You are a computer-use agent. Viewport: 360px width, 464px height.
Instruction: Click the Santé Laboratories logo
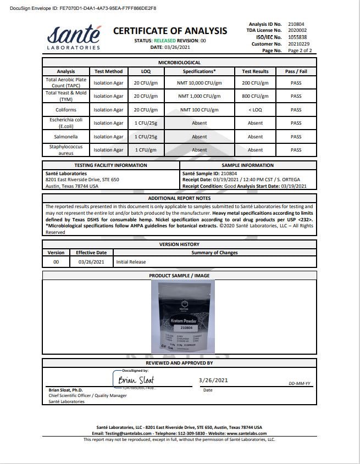[x=74, y=37]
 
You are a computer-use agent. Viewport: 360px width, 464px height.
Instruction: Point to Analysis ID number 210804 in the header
[x=296, y=24]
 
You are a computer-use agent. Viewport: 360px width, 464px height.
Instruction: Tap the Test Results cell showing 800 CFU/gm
[x=255, y=96]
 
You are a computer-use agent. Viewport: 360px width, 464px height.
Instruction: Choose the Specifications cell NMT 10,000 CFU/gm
[x=200, y=82]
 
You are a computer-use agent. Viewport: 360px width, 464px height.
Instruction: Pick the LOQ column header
[x=141, y=71]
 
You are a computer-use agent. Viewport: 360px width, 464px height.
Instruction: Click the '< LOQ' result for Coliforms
[x=255, y=109]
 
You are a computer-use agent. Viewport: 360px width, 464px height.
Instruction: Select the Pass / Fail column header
[x=296, y=71]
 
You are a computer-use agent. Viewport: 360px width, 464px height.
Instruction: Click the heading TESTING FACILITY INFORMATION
[x=110, y=165]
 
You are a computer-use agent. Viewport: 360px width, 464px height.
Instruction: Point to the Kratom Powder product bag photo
[x=182, y=316]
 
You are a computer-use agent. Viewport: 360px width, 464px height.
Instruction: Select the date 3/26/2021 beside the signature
[x=213, y=380]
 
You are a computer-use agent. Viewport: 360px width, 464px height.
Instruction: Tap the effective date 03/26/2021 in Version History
[x=91, y=262]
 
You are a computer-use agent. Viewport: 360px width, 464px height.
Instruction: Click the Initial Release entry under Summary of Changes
[x=131, y=262]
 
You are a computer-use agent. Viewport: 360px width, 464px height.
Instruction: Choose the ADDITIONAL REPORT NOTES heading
[x=179, y=198]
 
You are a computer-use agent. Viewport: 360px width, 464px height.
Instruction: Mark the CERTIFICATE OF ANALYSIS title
[x=170, y=31]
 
